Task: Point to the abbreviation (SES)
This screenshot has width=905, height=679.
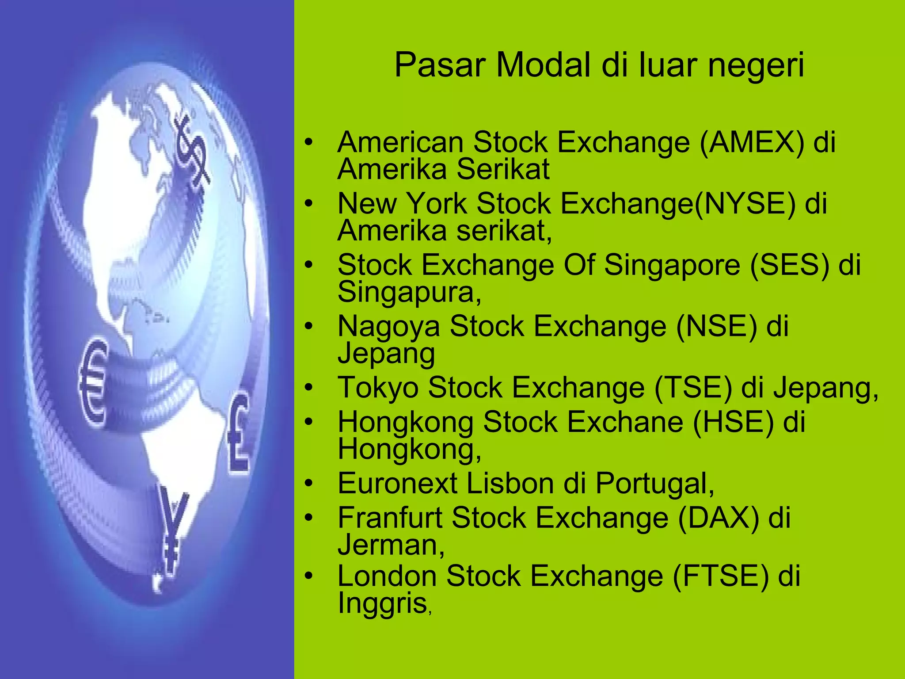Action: pos(790,266)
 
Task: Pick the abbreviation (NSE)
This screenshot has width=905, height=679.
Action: pos(717,327)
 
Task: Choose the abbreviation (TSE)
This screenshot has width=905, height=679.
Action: pos(693,388)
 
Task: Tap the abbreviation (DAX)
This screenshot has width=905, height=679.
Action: pos(719,518)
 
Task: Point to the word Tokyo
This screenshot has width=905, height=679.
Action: pos(378,388)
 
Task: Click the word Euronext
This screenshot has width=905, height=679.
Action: pos(397,483)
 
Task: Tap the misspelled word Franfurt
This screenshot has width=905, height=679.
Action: pos(390,518)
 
